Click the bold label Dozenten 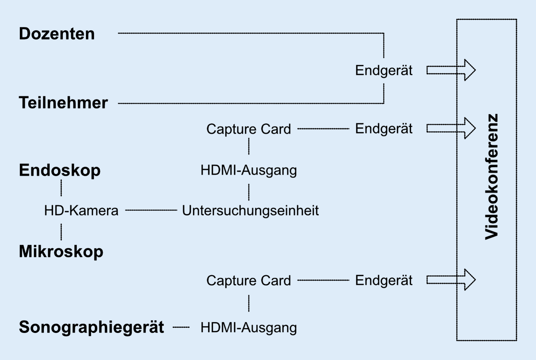pyautogui.click(x=57, y=34)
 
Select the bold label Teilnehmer pyautogui.click(x=63, y=103)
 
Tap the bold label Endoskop pyautogui.click(x=60, y=170)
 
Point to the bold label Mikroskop pyautogui.click(x=61, y=251)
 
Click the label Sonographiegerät pyautogui.click(x=92, y=327)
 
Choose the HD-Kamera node pyautogui.click(x=81, y=210)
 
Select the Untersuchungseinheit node pyautogui.click(x=250, y=210)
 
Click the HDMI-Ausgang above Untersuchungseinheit pyautogui.click(x=249, y=170)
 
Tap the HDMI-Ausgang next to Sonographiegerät pyautogui.click(x=249, y=327)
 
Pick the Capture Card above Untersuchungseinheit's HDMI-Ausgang pyautogui.click(x=249, y=129)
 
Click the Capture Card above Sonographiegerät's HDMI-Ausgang pyautogui.click(x=249, y=280)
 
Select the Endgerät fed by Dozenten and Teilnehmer pyautogui.click(x=384, y=70)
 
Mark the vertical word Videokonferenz pyautogui.click(x=492, y=177)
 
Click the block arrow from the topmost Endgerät pyautogui.click(x=451, y=70)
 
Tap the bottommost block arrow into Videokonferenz pyautogui.click(x=451, y=280)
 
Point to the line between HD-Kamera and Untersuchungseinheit pyautogui.click(x=151, y=210)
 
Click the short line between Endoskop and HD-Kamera pyautogui.click(x=61, y=188)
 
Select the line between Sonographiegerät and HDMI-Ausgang pyautogui.click(x=181, y=327)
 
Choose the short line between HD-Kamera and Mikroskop pyautogui.click(x=61, y=232)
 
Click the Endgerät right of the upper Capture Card pyautogui.click(x=384, y=129)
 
